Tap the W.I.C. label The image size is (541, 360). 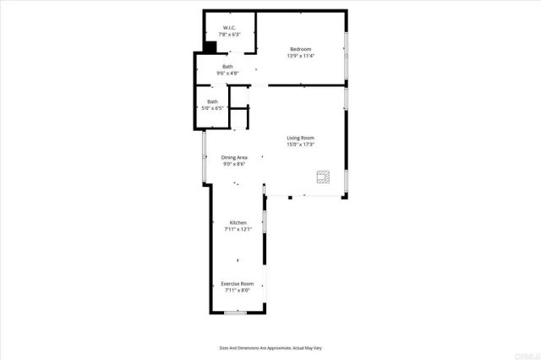pyautogui.click(x=228, y=29)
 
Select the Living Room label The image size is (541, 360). pyautogui.click(x=300, y=138)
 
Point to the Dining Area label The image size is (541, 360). pyautogui.click(x=234, y=157)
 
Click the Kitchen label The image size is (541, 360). pyautogui.click(x=238, y=222)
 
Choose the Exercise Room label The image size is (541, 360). pyautogui.click(x=237, y=283)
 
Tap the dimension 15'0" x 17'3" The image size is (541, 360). pyautogui.click(x=300, y=145)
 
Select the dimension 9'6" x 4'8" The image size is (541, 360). pyautogui.click(x=228, y=73)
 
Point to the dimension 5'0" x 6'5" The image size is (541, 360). pyautogui.click(x=212, y=108)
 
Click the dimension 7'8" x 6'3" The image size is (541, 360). pyautogui.click(x=229, y=35)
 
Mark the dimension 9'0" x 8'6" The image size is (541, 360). pyautogui.click(x=234, y=164)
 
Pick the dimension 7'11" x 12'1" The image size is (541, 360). pyautogui.click(x=238, y=229)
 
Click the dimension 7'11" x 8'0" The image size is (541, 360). pyautogui.click(x=237, y=290)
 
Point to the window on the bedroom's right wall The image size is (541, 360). pyautogui.click(x=346, y=56)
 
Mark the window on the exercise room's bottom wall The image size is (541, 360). pyautogui.click(x=236, y=312)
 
